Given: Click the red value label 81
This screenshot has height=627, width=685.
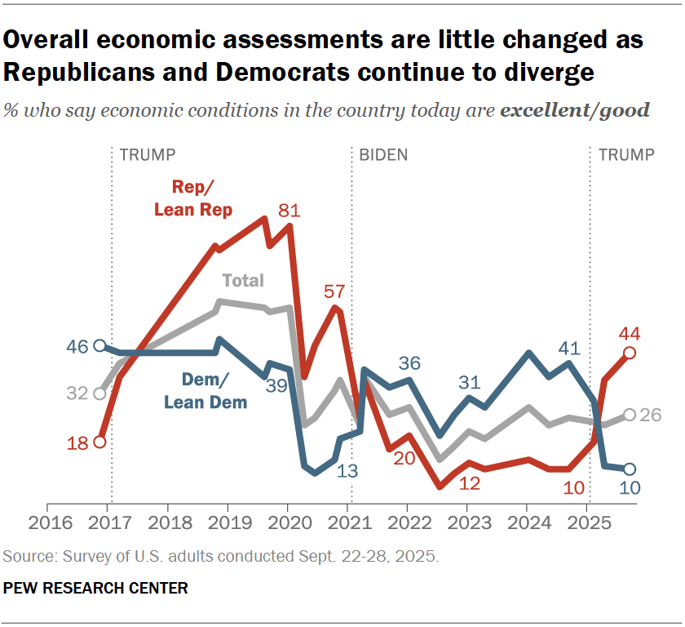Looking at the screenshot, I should click(289, 210).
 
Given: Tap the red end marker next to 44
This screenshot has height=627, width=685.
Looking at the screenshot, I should click(630, 353).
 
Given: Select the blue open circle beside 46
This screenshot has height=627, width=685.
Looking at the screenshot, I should click(99, 345).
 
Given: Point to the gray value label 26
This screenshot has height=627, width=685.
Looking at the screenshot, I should click(650, 415).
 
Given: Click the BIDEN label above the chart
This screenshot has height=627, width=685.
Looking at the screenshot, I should click(383, 154).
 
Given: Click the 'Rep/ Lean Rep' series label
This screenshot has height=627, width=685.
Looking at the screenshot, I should click(193, 198).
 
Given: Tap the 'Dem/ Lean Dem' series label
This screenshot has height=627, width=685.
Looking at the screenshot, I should click(205, 390).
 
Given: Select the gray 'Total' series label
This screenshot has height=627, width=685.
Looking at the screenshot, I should click(243, 280).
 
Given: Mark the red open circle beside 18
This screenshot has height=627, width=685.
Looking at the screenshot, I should click(99, 442).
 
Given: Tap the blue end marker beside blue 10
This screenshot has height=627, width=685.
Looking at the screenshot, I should click(630, 469).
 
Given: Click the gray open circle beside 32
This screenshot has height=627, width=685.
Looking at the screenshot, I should click(99, 394).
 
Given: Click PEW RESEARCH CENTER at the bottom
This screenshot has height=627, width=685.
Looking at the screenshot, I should click(96, 588).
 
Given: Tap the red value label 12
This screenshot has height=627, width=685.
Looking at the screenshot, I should click(469, 482).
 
